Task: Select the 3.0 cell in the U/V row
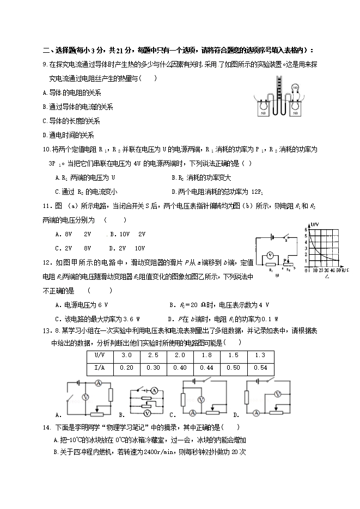click(126, 355)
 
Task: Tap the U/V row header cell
click(100, 355)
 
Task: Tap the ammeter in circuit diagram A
click(99, 384)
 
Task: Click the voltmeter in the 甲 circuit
click(269, 255)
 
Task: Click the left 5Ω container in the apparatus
click(263, 109)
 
